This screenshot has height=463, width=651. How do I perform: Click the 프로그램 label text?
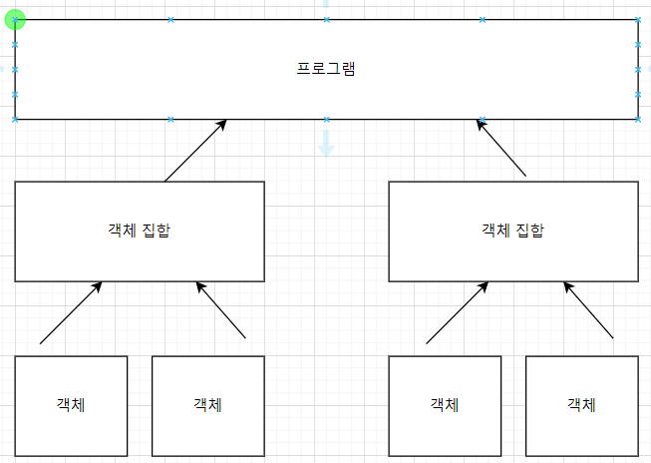point(327,70)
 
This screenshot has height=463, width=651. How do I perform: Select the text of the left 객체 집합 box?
point(139,231)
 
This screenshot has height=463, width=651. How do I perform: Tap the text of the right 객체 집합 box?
point(512,231)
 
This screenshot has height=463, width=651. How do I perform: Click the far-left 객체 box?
point(71,405)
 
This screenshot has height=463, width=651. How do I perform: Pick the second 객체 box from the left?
point(207,405)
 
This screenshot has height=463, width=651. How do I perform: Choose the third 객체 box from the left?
point(445,405)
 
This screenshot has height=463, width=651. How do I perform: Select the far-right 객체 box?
point(581,405)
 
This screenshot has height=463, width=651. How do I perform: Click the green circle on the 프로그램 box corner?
point(15,19)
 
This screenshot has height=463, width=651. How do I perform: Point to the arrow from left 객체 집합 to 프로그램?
point(195,151)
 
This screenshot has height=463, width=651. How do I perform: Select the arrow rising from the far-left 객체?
point(71,313)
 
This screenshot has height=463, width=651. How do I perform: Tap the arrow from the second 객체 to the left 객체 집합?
point(220,311)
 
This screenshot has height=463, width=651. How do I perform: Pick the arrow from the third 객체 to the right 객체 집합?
point(458,312)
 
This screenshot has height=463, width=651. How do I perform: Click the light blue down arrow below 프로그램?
point(326,146)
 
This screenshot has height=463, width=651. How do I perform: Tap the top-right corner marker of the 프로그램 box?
point(638,19)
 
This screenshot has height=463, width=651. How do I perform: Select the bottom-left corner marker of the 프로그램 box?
point(15,119)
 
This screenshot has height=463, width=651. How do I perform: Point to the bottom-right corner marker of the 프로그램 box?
point(638,119)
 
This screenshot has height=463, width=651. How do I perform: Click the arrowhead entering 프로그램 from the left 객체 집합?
point(222,124)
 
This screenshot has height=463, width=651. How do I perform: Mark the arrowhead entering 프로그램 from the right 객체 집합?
point(481,123)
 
